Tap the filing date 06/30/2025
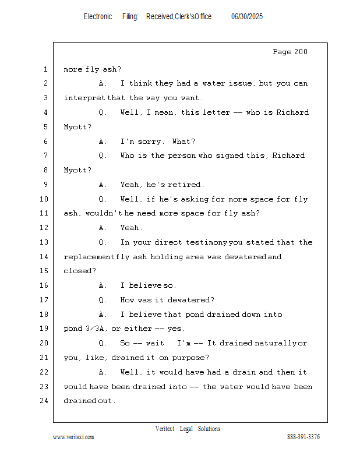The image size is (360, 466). tap(247, 16)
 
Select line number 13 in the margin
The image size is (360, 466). tap(44, 242)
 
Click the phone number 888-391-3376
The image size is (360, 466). tap(303, 437)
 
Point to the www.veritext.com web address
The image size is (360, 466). tap(73, 437)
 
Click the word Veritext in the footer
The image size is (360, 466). tap(165, 429)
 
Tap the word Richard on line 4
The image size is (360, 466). tap(292, 112)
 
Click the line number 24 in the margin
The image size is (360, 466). tap(44, 401)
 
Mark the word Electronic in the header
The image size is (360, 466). tap(98, 16)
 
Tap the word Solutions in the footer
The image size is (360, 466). tap(209, 429)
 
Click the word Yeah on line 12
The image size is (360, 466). tap(130, 228)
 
